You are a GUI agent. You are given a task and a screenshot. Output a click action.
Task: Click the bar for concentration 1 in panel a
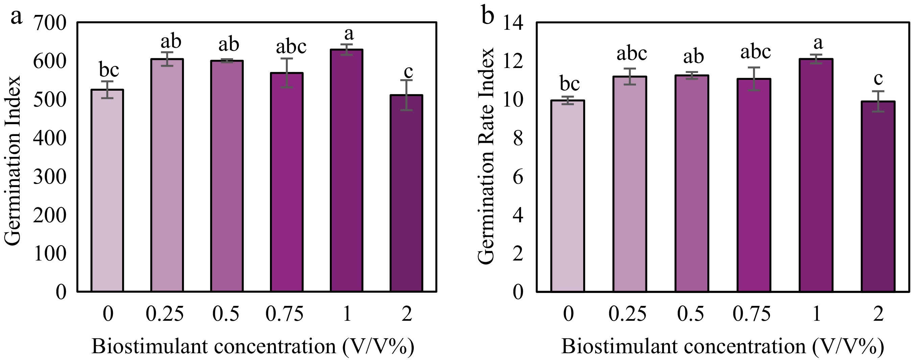click(347, 171)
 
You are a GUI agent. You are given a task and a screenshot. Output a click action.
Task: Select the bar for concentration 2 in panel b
click(878, 197)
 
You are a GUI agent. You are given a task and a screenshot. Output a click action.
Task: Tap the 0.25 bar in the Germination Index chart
click(167, 175)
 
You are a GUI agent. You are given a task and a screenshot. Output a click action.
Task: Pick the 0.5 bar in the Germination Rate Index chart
click(691, 183)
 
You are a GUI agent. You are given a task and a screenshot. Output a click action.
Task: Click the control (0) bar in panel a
click(107, 190)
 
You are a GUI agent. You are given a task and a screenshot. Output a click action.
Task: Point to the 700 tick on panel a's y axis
click(50, 24)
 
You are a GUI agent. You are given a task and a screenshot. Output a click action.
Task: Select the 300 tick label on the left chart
click(50, 177)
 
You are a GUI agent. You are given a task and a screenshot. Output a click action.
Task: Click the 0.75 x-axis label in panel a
click(285, 314)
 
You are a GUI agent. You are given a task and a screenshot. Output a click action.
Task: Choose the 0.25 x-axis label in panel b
click(628, 314)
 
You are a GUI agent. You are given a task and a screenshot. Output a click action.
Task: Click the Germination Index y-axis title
click(14, 161)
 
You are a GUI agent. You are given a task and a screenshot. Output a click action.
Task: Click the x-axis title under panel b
click(723, 346)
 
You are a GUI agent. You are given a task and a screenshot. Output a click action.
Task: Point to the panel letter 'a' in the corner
click(16, 17)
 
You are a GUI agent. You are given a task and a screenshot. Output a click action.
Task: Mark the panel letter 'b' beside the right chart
click(488, 16)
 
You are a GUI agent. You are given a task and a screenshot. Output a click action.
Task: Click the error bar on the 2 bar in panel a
click(406, 95)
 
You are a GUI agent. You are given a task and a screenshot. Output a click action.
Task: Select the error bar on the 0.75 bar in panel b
click(754, 79)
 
